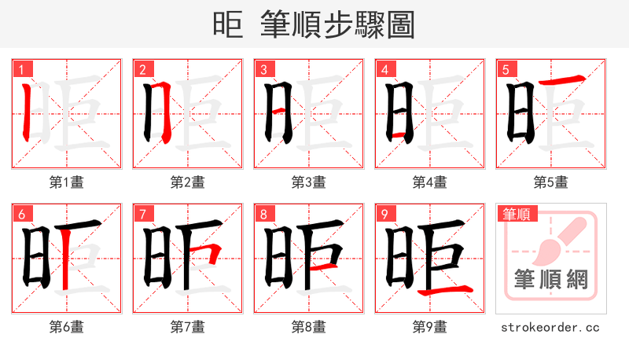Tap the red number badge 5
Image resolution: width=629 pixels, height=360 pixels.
(x=505, y=69)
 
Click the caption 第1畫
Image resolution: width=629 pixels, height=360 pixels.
(x=67, y=182)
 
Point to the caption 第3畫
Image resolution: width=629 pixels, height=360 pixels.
(x=309, y=182)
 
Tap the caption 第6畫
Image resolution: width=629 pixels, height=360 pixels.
(x=67, y=327)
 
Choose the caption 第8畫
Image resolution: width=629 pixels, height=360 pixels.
(x=309, y=327)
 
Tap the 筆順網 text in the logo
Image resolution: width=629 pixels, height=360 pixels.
(x=551, y=279)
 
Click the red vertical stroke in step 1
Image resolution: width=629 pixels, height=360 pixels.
(x=26, y=110)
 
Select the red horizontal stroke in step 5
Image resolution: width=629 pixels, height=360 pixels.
(x=562, y=80)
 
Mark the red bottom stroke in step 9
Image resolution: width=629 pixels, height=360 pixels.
(x=445, y=292)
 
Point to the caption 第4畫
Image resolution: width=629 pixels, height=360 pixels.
(x=430, y=182)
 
